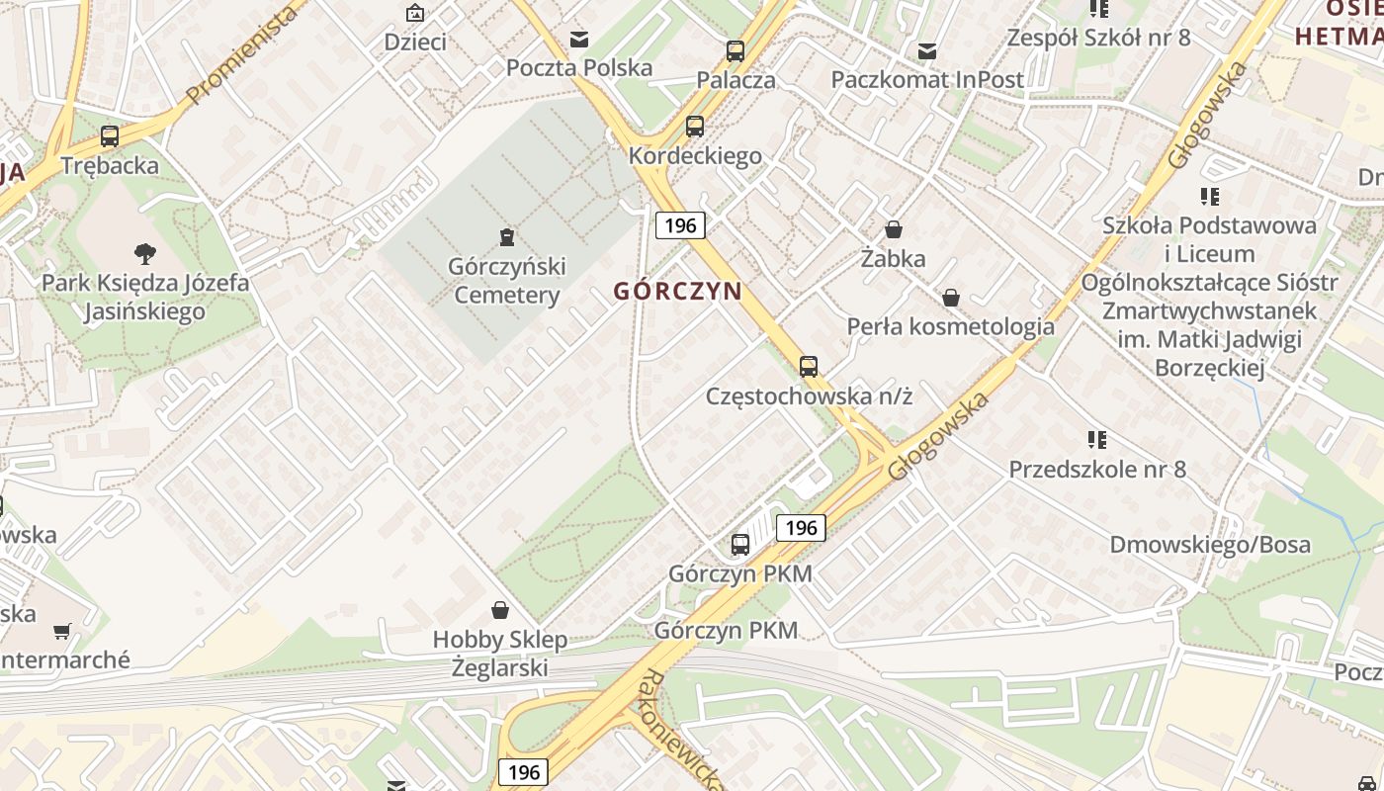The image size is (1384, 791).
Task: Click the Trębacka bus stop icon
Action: [110, 136]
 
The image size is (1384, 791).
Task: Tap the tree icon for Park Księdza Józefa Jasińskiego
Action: [145, 254]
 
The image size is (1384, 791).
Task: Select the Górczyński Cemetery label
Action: [506, 281]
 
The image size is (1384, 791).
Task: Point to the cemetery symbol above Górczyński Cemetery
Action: [506, 237]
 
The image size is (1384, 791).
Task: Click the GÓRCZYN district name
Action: [677, 292]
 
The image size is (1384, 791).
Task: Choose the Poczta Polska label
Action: [579, 68]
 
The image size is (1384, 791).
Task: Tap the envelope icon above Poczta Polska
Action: [579, 40]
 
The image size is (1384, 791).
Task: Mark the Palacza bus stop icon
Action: [735, 51]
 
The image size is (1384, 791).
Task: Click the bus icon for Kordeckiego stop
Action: [695, 127]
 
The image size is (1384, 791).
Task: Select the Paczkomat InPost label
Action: [927, 80]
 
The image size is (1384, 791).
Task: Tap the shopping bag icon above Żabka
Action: [894, 230]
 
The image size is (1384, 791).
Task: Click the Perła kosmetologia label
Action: [950, 327]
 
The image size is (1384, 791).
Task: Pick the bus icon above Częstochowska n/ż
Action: [809, 367]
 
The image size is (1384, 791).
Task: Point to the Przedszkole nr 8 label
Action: [1096, 470]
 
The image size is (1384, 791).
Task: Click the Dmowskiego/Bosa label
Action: [1210, 545]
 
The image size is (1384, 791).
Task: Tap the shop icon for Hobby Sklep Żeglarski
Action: [500, 610]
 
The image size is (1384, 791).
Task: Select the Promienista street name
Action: [242, 55]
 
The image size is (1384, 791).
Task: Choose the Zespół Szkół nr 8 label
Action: [1098, 39]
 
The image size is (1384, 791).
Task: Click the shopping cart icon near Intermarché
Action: [62, 631]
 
